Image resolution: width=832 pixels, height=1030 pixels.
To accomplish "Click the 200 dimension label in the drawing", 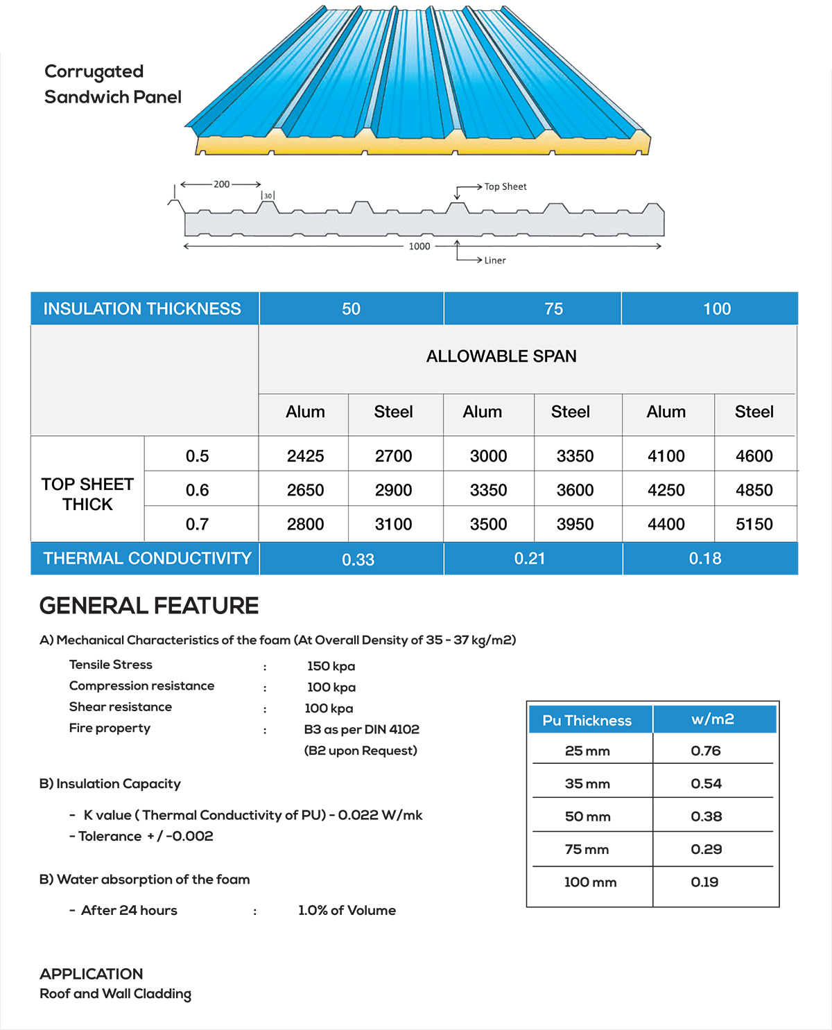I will [x=221, y=184].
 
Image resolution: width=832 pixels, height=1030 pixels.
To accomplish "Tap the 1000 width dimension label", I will [x=419, y=246].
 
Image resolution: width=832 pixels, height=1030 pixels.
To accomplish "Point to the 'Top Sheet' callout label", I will [x=505, y=186].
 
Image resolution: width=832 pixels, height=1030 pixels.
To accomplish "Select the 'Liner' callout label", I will [x=495, y=261].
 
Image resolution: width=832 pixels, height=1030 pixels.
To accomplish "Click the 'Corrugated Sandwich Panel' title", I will [x=112, y=84].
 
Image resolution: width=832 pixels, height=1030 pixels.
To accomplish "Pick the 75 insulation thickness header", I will [x=553, y=309].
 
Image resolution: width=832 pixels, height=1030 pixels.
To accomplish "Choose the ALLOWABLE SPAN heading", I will [x=501, y=356].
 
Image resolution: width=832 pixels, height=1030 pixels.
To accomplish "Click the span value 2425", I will [x=305, y=456].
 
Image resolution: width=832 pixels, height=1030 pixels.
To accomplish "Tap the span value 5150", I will [x=754, y=525].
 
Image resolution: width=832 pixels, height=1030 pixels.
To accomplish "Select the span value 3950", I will [x=575, y=525].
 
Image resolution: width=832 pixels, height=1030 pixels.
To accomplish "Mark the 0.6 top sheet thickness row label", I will [x=197, y=491].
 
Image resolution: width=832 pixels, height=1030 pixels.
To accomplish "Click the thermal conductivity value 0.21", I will [x=530, y=559].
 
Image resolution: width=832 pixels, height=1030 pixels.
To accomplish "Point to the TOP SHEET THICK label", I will [x=87, y=494].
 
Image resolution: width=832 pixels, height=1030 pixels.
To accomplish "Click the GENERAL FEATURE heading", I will [x=149, y=606].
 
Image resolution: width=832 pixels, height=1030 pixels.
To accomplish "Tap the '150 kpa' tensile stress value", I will [x=331, y=666].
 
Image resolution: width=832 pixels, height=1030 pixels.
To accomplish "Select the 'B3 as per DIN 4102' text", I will [x=361, y=729].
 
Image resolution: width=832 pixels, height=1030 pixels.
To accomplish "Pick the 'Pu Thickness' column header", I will [x=587, y=721].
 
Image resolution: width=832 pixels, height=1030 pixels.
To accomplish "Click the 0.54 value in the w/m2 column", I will [x=706, y=784].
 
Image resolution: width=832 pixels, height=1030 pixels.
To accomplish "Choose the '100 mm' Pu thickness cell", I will [x=590, y=882].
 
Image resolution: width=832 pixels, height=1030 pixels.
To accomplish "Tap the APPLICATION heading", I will [x=92, y=974].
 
